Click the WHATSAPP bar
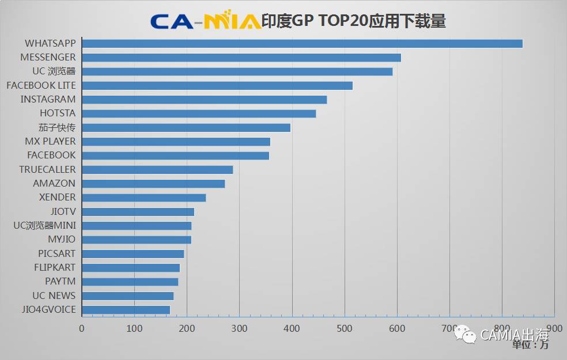click(x=302, y=44)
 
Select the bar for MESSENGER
click(x=241, y=58)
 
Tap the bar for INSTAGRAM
click(x=204, y=100)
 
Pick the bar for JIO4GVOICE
click(x=126, y=310)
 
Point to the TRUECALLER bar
click(x=157, y=169)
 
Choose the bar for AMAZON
click(x=153, y=184)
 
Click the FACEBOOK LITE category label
click(x=41, y=85)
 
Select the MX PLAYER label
click(x=50, y=141)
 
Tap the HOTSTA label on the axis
click(x=58, y=113)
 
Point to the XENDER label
click(x=57, y=198)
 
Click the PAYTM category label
click(x=60, y=282)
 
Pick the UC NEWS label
click(x=54, y=295)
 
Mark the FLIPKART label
click(x=55, y=268)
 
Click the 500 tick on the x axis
click(x=345, y=328)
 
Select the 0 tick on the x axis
click(x=82, y=328)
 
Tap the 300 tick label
click(x=240, y=328)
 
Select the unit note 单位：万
click(x=530, y=345)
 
